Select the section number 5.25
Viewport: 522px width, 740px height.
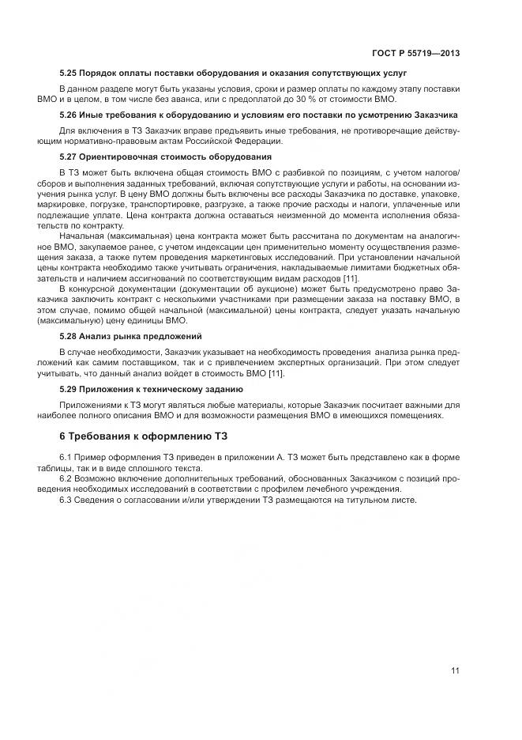(x=69, y=73)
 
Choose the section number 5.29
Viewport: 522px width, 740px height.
(x=69, y=390)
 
